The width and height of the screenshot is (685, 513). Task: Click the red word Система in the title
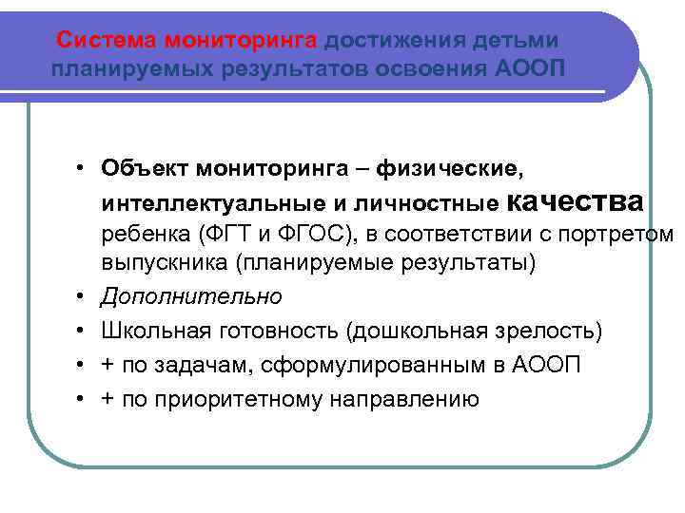108,40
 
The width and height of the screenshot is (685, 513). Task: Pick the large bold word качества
577,201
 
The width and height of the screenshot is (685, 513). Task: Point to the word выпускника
153,262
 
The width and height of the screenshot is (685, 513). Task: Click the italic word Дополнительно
191,296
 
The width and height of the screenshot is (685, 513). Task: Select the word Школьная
150,332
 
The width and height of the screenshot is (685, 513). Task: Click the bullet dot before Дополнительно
84,296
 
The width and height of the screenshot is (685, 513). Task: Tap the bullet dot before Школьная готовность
84,332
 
